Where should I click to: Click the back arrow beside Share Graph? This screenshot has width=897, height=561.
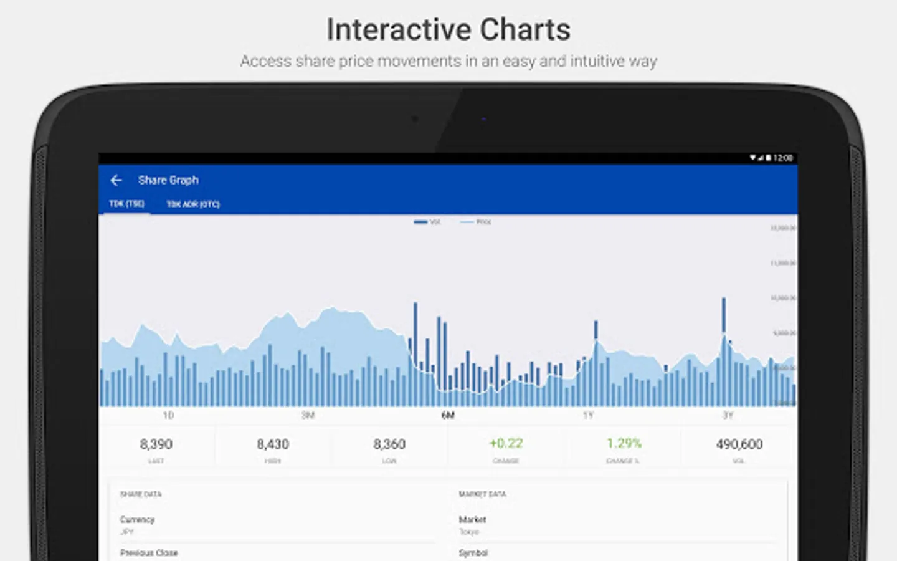pos(116,180)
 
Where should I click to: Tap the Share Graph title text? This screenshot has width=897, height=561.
pos(168,180)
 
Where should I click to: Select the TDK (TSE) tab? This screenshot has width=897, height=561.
pos(126,204)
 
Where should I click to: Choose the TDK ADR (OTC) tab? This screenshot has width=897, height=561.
pos(193,204)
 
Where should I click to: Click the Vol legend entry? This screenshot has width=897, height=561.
pos(427,222)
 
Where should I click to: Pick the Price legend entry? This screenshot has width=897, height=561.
pos(476,222)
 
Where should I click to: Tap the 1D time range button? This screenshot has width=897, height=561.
pos(168,415)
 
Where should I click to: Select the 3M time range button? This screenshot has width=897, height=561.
pos(308,415)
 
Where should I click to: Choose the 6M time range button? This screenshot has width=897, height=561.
pos(448,415)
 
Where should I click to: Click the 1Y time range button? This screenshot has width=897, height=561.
pos(588,415)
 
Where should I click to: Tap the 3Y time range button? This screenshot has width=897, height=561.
pos(728,415)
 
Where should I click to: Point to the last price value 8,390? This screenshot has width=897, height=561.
pos(156,444)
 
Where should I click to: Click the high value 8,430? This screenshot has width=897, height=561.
pos(273,444)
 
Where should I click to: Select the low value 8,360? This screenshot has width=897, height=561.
pos(389,444)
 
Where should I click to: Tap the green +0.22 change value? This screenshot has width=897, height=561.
pos(506,444)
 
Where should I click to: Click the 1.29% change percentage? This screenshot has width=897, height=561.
pos(624,444)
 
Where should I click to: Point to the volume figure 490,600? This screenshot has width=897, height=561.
pos(739,444)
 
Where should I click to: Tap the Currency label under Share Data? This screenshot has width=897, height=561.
pos(137,520)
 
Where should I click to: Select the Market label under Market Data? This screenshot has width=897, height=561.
pos(472,520)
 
